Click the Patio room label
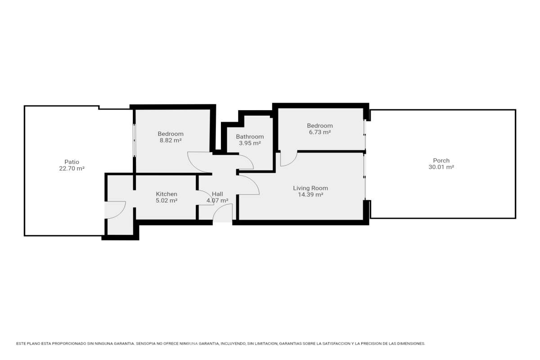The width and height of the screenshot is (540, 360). (x=72, y=162)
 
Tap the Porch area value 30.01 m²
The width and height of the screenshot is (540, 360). (x=441, y=167)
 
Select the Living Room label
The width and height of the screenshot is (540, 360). (x=310, y=188)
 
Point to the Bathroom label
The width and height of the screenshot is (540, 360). (x=250, y=137)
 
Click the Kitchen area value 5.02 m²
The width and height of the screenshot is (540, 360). (x=166, y=200)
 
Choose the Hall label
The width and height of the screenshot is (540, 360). (x=217, y=194)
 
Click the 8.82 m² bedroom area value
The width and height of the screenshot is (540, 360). (x=171, y=140)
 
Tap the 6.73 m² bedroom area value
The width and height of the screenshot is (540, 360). (x=319, y=132)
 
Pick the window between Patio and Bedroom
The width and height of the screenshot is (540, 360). (x=134, y=140)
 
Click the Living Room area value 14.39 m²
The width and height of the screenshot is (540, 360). (x=310, y=194)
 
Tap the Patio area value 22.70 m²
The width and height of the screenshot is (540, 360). (x=72, y=168)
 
